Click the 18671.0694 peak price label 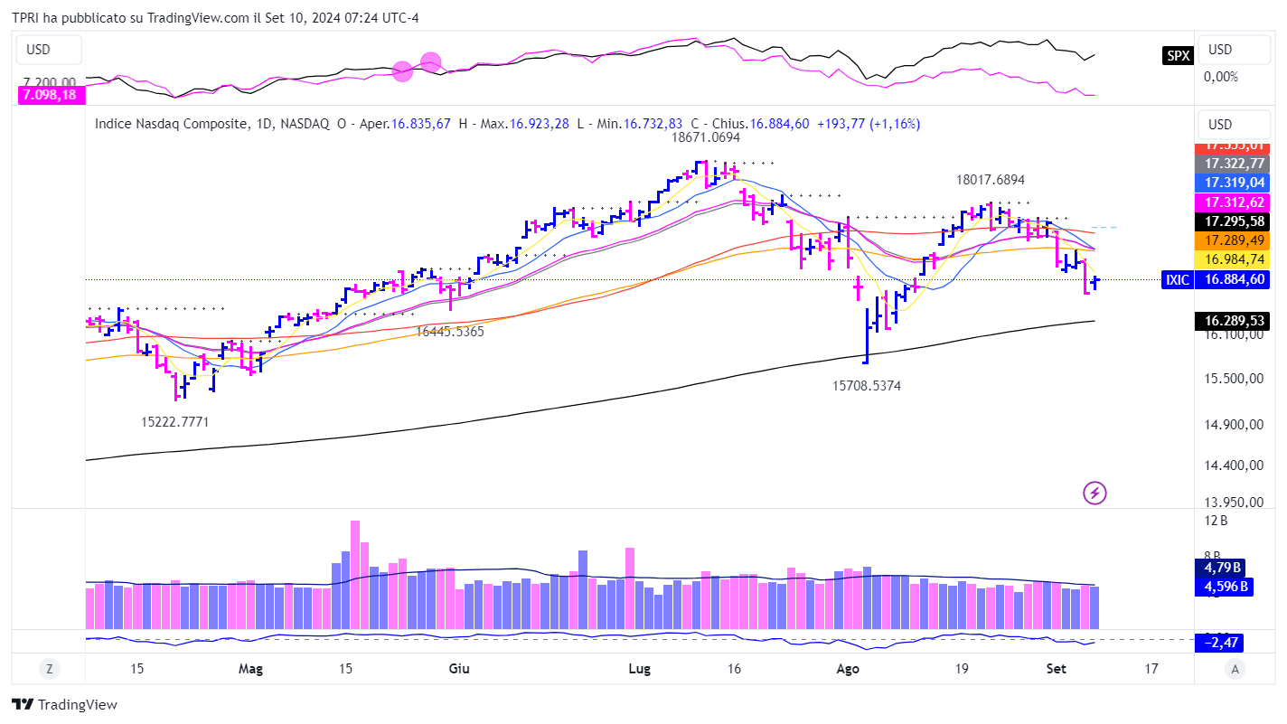pos(705,138)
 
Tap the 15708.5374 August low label pos(866,386)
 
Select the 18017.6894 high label pos(991,180)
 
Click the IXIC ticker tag pos(1177,280)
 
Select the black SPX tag pos(1178,56)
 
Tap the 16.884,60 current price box pos(1234,280)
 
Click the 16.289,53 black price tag pos(1234,321)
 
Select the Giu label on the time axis pos(459,669)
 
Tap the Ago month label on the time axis pos(847,669)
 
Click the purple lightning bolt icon pos(1094,493)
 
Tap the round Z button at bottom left pos(49,669)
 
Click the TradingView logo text pos(65,705)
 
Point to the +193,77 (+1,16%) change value pos(868,124)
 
